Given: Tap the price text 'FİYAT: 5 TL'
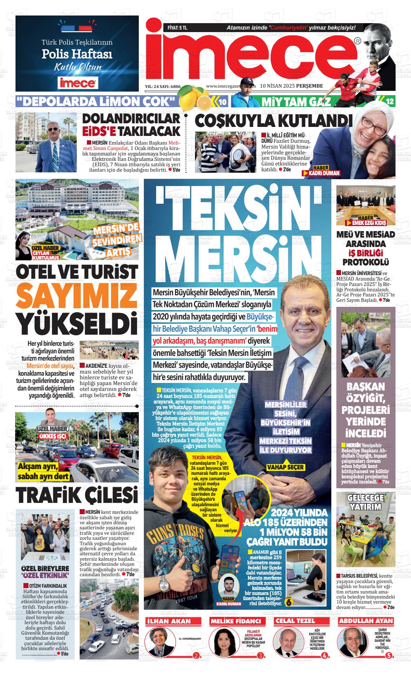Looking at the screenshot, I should pos(177,27).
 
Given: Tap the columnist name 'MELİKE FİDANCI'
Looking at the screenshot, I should pos(236,621).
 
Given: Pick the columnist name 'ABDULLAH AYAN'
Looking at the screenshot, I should pos(366,621).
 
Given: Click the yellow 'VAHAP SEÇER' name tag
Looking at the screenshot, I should pos(285,467).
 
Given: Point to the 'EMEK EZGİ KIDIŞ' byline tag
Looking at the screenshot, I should pos(366,223).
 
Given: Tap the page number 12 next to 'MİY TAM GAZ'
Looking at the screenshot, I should pos(390,102).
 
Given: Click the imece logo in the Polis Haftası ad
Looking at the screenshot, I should pos(77,83).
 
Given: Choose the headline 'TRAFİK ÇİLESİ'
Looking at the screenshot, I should pos(76,495).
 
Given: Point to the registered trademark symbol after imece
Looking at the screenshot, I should pos(357,41).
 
